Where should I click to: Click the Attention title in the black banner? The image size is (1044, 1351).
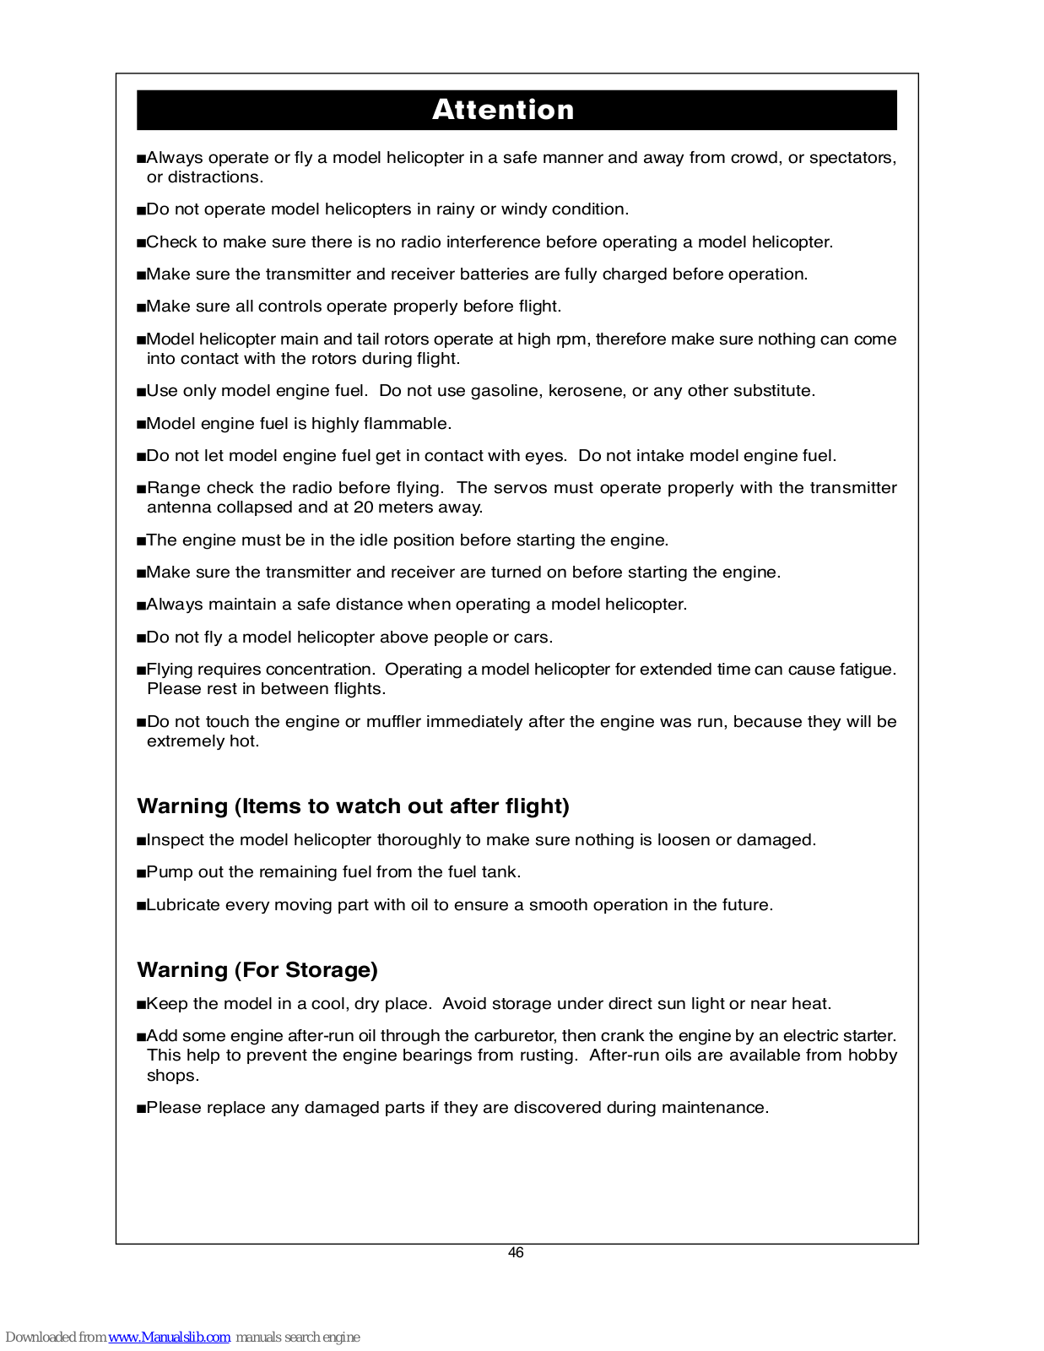503,110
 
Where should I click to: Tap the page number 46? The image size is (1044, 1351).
516,1252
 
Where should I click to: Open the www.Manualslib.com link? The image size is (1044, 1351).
169,1337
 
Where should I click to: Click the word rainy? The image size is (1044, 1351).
456,209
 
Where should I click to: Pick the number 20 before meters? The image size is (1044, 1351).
363,507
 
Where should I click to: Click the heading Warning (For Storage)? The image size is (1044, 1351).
257,969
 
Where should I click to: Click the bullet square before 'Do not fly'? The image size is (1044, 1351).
141,638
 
